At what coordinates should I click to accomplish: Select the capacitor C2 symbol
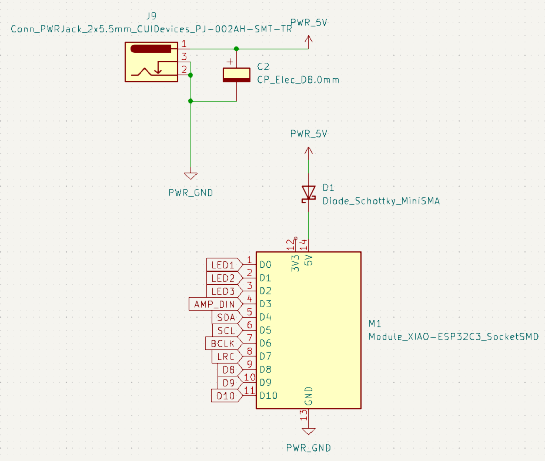tap(236, 75)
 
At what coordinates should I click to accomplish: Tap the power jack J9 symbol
tap(151, 62)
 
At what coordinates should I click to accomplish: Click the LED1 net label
tap(223, 265)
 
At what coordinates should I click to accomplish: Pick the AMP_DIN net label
tap(215, 304)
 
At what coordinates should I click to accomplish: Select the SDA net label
tap(226, 317)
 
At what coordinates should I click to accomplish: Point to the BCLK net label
tap(223, 344)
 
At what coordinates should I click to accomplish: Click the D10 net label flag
tap(226, 396)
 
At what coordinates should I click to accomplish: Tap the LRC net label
tap(226, 357)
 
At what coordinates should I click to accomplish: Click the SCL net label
tap(227, 331)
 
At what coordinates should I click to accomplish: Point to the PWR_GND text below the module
tap(309, 448)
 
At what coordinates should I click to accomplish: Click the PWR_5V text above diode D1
tap(309, 134)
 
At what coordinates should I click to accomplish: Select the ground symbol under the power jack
tap(191, 176)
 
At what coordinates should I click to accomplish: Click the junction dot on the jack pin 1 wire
tap(236, 49)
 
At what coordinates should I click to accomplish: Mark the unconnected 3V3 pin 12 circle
tap(295, 238)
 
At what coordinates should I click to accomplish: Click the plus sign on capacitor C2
tap(230, 62)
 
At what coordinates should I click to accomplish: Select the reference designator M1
tap(375, 323)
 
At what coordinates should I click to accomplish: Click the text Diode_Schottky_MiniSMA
tap(381, 201)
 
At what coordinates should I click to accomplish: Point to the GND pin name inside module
tap(309, 396)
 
